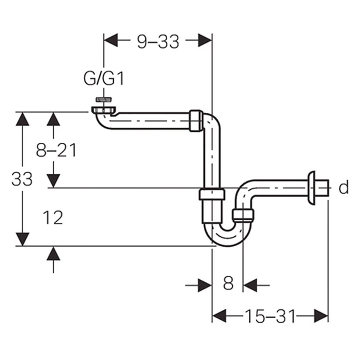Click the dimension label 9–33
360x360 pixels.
click(158, 41)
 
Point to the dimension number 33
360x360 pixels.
click(22, 179)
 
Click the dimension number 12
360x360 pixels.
click(53, 218)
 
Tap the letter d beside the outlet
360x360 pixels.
click(343, 187)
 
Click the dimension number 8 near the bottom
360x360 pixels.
click(228, 283)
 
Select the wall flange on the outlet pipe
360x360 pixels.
click(312, 187)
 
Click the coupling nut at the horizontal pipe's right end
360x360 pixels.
click(196, 121)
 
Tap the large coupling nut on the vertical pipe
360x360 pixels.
click(212, 194)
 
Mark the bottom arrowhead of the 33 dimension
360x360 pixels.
click(22, 239)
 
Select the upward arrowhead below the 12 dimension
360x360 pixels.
click(53, 253)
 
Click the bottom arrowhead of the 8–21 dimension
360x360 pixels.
click(53, 181)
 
